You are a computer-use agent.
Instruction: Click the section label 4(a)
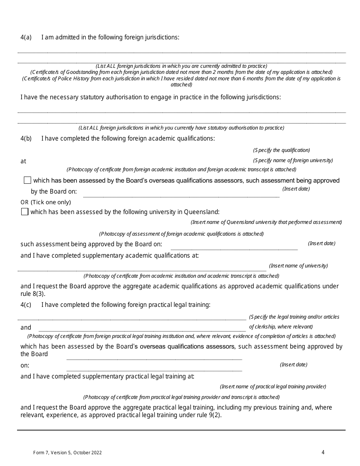(x=26, y=37)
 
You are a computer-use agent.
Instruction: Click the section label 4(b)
(x=26, y=138)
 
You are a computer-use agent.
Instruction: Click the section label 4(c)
(x=26, y=305)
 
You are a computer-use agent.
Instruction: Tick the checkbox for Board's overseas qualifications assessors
(x=27, y=180)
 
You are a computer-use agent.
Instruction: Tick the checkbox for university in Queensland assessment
(x=25, y=212)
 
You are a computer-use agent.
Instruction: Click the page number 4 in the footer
(x=323, y=452)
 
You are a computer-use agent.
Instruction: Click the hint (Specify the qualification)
(x=282, y=150)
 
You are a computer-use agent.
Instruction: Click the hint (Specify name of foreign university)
(x=293, y=160)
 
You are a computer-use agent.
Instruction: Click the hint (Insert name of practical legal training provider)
(x=273, y=386)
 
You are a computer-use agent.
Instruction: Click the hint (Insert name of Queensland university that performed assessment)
(x=266, y=222)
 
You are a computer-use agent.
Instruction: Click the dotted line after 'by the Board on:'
(x=181, y=196)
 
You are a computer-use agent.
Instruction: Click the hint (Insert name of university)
(x=298, y=266)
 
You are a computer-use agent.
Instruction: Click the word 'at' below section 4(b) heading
(x=23, y=161)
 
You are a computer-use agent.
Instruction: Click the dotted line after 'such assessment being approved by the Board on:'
(x=234, y=249)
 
